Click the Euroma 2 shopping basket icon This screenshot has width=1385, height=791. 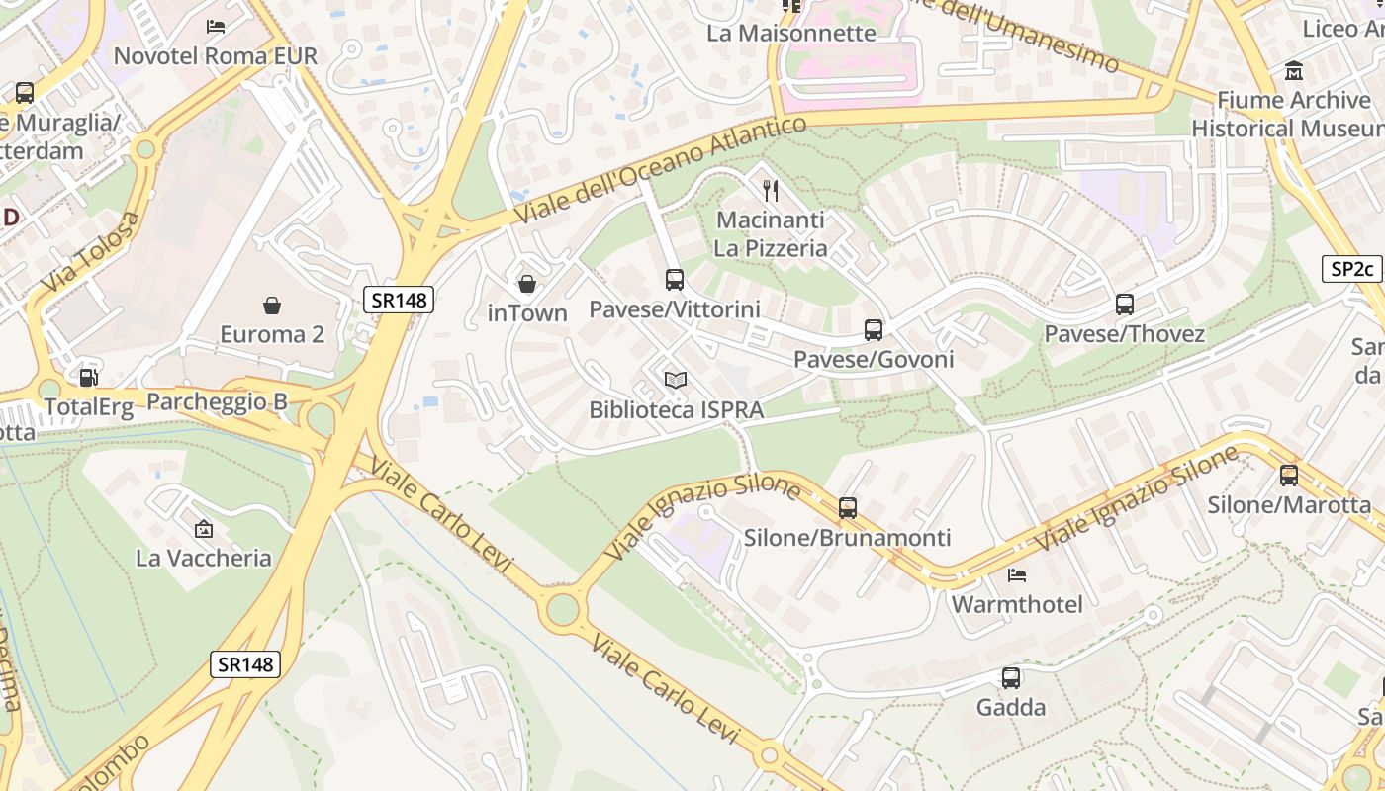tap(272, 306)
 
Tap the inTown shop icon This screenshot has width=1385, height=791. tap(527, 285)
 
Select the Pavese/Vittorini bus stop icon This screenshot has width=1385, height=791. tap(675, 280)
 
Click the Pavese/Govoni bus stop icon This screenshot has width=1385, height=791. tap(874, 330)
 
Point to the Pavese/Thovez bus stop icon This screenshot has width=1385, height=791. tap(1125, 305)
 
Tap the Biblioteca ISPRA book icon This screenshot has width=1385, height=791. tap(676, 380)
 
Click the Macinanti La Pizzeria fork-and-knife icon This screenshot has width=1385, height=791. tap(771, 190)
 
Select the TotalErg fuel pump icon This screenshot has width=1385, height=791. tap(88, 377)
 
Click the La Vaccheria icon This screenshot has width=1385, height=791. tap(204, 529)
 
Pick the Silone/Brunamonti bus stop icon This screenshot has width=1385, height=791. tap(848, 508)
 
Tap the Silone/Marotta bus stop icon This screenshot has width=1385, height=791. tap(1289, 476)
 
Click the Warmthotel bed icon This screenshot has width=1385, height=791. tap(1017, 574)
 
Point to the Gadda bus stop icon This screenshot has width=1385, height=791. tap(1011, 678)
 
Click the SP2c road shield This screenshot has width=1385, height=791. tap(1351, 269)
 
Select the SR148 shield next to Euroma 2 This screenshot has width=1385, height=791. tap(399, 300)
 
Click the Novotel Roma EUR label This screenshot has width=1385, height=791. tap(216, 55)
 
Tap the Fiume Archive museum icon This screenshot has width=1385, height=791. tap(1294, 71)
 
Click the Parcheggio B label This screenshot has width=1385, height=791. tap(217, 401)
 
